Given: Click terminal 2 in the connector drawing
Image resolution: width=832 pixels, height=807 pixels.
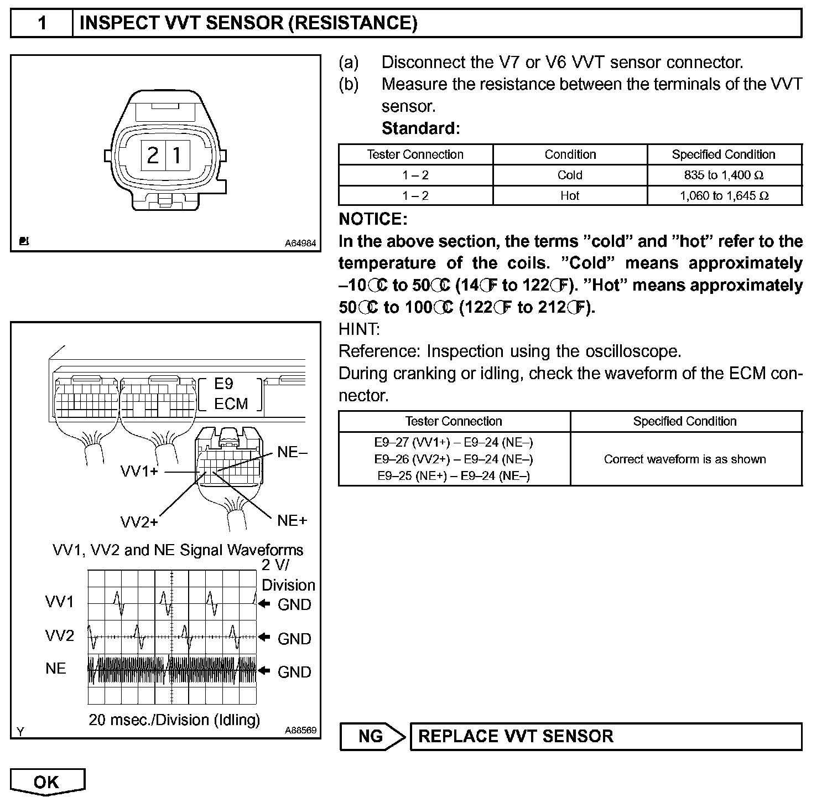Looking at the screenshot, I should (x=153, y=155).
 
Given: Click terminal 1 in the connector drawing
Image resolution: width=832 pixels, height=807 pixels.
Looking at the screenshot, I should (x=177, y=155).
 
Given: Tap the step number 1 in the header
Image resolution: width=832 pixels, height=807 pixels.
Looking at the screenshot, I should (x=42, y=23).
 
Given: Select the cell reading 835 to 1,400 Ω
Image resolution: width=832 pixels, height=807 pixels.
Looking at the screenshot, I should (x=724, y=175).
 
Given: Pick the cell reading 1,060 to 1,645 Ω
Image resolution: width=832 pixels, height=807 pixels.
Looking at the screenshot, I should (x=724, y=196).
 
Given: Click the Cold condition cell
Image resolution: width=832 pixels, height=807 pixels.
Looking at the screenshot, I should (x=570, y=175).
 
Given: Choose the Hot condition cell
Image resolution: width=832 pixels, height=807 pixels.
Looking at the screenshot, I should (x=570, y=196).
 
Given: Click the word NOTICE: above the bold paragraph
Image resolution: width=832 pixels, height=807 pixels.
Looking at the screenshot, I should (x=373, y=219).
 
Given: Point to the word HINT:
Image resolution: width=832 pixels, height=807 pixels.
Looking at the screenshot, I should (x=359, y=329).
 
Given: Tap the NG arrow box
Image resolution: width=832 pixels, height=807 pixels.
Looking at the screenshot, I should (x=372, y=736).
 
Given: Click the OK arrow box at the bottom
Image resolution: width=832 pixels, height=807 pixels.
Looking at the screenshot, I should (x=47, y=782).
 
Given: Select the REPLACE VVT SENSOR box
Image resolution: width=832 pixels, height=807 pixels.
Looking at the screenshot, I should (x=605, y=736).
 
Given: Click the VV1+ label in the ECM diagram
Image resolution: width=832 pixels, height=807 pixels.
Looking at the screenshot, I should (x=139, y=472).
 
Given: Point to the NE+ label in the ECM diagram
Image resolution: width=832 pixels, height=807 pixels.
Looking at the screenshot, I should (x=292, y=520).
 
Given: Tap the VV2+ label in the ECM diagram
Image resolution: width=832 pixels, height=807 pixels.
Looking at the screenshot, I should (x=139, y=522).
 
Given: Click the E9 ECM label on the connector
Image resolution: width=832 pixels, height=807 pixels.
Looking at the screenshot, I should (x=231, y=394).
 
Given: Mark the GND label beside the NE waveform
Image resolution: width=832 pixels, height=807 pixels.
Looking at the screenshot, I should (x=294, y=672).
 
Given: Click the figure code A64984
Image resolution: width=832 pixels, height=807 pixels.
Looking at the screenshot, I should (x=300, y=243).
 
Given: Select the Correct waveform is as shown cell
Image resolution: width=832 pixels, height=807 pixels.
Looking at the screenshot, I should (x=685, y=459).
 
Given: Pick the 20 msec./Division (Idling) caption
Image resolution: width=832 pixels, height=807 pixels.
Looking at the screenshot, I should (x=174, y=720).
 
